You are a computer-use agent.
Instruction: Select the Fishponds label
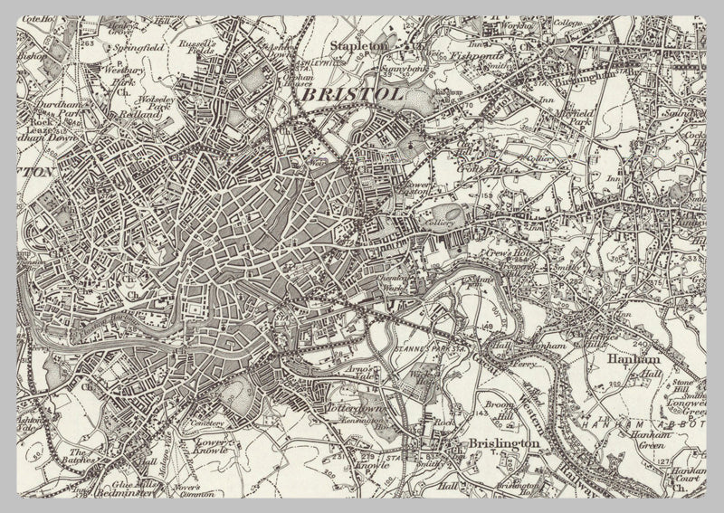click(477, 54)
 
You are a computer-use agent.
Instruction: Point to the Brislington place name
click(504, 443)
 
